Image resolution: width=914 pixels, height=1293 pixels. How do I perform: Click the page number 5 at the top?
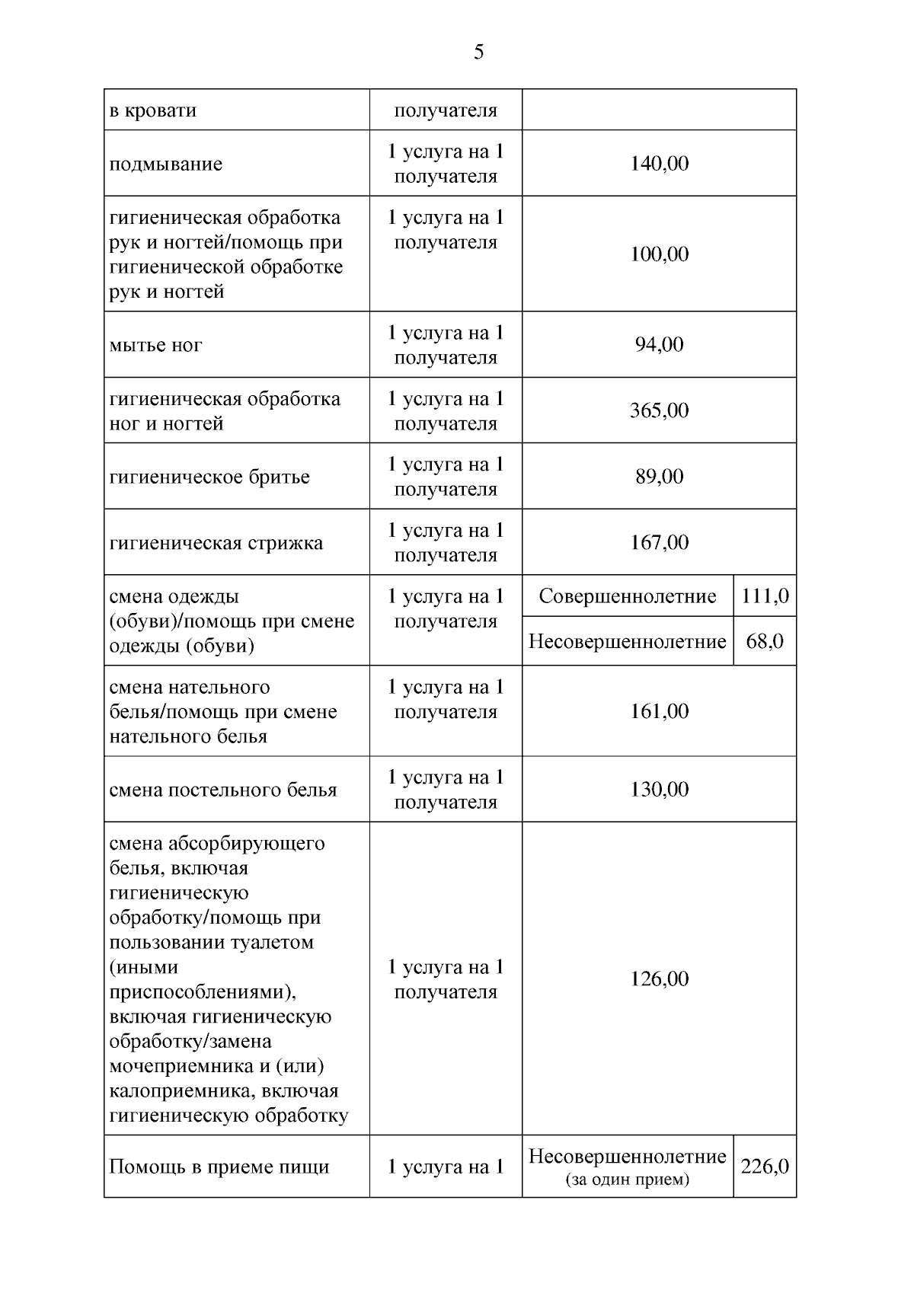click(478, 52)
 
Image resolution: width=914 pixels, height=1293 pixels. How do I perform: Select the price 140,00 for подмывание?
click(659, 164)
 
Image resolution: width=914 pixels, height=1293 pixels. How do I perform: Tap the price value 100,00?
click(659, 254)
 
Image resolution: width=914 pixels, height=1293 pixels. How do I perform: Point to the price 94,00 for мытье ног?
click(659, 345)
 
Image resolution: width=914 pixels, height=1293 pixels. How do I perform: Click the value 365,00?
click(659, 410)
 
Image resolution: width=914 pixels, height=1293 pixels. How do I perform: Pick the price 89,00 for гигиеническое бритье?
click(659, 477)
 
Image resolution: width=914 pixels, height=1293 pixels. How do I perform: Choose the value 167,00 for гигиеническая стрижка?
click(659, 542)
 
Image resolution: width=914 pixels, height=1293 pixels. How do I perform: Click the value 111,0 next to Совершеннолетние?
click(765, 596)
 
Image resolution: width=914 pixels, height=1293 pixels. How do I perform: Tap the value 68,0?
click(765, 641)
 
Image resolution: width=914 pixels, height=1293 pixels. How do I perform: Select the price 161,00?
click(659, 711)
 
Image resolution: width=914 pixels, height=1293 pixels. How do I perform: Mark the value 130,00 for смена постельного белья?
click(659, 789)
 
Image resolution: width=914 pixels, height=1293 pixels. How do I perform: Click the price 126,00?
click(659, 979)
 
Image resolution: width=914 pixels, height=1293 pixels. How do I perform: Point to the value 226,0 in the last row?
click(765, 1167)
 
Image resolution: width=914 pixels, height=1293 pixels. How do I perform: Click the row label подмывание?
click(166, 164)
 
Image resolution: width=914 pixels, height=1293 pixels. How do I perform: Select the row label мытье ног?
click(156, 346)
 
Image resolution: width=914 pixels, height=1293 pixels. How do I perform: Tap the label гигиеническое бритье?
click(209, 477)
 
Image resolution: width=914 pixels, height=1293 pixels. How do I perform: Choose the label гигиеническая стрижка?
click(216, 543)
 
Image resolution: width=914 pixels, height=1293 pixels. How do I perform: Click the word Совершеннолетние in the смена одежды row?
click(627, 596)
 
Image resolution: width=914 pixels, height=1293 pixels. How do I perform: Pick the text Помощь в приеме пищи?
click(219, 1167)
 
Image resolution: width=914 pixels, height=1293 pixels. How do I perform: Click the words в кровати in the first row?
click(153, 110)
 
